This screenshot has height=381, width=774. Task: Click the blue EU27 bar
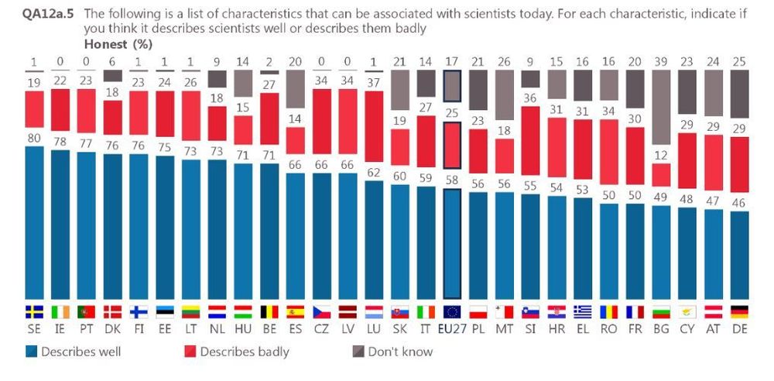coord(451,243)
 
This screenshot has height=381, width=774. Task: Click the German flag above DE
coord(741,312)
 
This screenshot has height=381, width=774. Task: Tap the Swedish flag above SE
coord(35,312)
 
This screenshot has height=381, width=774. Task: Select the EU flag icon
coord(451,312)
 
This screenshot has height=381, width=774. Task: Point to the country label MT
coord(504,328)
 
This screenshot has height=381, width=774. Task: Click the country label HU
coord(243,328)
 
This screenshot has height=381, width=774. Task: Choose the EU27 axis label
coord(451,328)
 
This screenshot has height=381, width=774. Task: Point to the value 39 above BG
coord(662,61)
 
